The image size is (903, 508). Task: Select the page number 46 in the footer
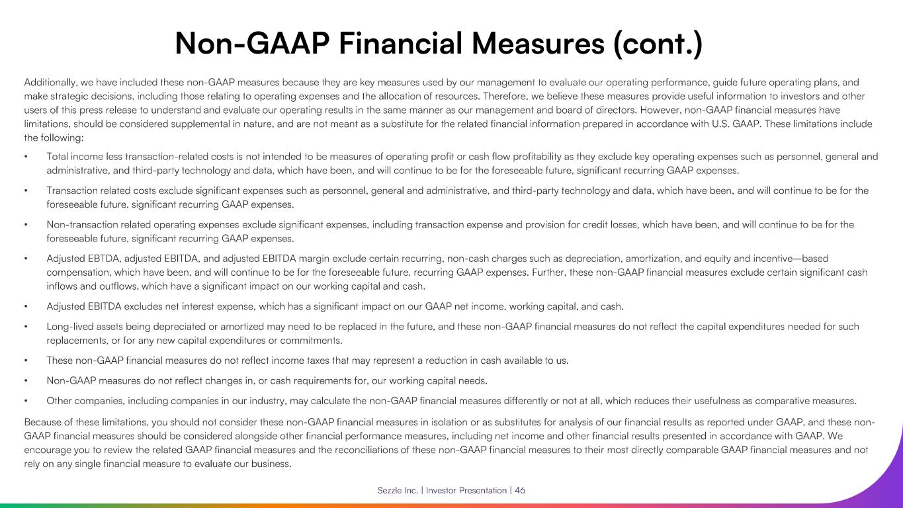click(520, 490)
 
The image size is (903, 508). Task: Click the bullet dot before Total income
click(26, 157)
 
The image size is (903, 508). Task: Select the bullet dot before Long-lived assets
click(26, 326)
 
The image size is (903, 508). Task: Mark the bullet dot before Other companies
click(26, 400)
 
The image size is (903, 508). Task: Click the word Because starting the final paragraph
click(44, 421)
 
